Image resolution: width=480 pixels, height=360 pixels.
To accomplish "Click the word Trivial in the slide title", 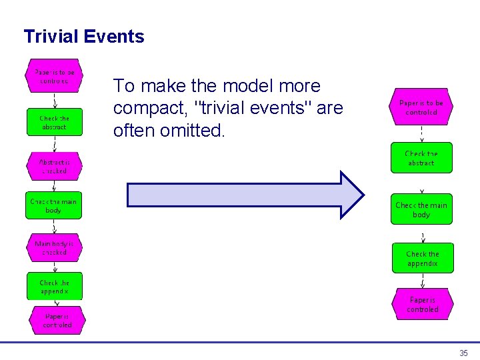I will pyautogui.click(x=51, y=37).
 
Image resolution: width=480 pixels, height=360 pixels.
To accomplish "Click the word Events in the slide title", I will pyautogui.click(x=114, y=37).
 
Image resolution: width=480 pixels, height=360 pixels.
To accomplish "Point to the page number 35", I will pyautogui.click(x=463, y=353).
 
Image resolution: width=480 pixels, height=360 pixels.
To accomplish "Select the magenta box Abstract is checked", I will pyautogui.click(x=54, y=167).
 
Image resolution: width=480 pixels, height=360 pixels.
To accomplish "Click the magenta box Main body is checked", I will pyautogui.click(x=54, y=249).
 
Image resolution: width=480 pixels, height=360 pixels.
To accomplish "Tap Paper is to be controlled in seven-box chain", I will pyautogui.click(x=54, y=76).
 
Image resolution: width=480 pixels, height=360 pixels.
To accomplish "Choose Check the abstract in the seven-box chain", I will pyautogui.click(x=54, y=123).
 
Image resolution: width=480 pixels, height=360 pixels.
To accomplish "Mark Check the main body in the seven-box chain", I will pyautogui.click(x=54, y=206).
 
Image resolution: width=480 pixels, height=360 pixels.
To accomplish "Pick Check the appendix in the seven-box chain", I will pyautogui.click(x=54, y=287).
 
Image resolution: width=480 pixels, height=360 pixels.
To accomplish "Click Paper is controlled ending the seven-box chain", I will pyautogui.click(x=57, y=321).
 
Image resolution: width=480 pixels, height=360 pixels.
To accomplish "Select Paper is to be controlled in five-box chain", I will pyautogui.click(x=421, y=108).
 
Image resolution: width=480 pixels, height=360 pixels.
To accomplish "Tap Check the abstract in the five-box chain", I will pyautogui.click(x=421, y=158).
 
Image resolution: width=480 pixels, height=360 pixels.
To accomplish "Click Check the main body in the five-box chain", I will pyautogui.click(x=421, y=210).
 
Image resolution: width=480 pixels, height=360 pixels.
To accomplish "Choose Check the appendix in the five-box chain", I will pyautogui.click(x=422, y=259).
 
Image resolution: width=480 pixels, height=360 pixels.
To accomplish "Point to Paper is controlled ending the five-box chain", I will pyautogui.click(x=423, y=305).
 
